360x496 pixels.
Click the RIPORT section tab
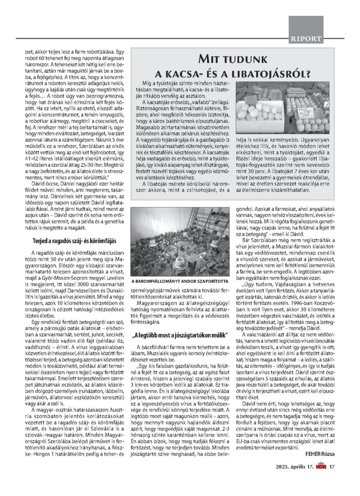(x=306, y=39)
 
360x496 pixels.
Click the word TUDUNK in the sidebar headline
(x=244, y=59)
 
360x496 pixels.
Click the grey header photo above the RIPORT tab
(x=306, y=25)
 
